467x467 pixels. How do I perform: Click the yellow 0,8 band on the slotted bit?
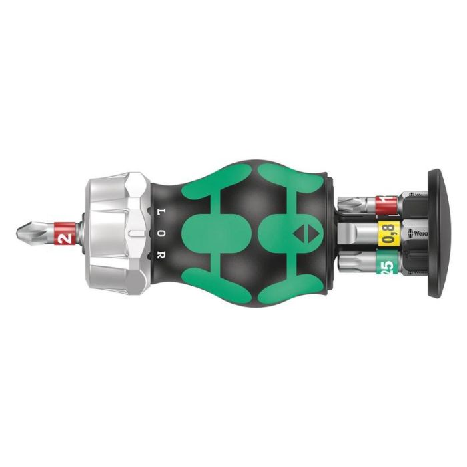(x=389, y=233)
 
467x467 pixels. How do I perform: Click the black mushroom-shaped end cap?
(x=437, y=233)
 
